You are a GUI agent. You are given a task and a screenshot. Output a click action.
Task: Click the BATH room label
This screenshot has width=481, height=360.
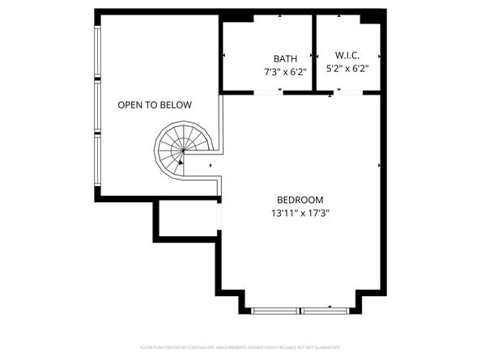coord(285,58)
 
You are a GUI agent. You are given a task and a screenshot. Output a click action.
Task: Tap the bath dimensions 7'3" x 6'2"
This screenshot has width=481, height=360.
coord(285,71)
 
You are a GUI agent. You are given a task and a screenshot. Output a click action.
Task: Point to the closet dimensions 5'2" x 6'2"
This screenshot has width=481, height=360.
coord(347,70)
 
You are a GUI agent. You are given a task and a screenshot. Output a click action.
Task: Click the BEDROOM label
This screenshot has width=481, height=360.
coord(300,200)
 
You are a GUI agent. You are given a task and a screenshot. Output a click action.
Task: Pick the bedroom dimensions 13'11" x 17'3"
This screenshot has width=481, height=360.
coord(300,214)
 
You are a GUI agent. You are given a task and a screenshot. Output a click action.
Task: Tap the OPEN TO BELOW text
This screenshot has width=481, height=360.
coord(154,104)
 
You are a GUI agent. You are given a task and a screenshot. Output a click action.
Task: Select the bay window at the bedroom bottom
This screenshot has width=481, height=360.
coord(301,310)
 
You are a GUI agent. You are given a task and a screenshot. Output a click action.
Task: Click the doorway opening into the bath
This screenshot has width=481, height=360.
coord(268,92)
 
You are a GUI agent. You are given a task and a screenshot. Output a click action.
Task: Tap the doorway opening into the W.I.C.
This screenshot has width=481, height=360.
coord(350,93)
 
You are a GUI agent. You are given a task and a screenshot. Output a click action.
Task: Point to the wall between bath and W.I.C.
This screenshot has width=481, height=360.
coord(313,52)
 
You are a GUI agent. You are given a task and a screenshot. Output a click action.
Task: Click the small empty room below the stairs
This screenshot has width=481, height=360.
coord(187,219)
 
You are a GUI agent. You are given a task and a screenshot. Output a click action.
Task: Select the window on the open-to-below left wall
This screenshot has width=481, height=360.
coord(97,105)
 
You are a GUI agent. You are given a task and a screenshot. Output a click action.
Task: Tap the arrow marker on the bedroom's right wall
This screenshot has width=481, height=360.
coord(379,165)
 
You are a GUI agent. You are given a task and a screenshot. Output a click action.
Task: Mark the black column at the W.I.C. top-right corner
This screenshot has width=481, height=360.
coord(371,17)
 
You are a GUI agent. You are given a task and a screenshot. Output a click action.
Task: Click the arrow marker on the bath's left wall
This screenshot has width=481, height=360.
coord(224,56)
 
